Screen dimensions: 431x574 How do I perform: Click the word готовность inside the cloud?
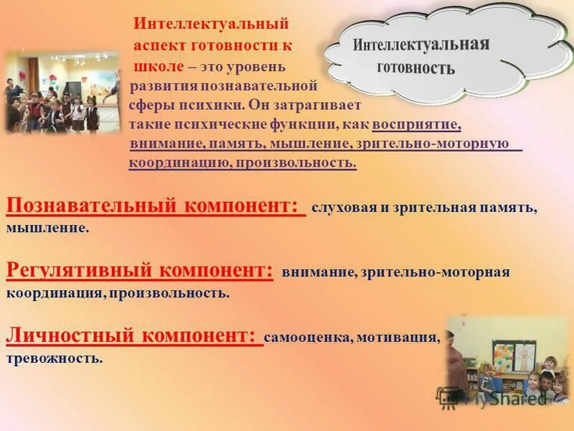pyautogui.click(x=416, y=69)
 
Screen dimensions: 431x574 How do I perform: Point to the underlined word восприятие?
pyautogui.click(x=416, y=124)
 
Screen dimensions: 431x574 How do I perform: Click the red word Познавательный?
pyautogui.click(x=91, y=205)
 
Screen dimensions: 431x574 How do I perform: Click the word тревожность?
pyautogui.click(x=55, y=357)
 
